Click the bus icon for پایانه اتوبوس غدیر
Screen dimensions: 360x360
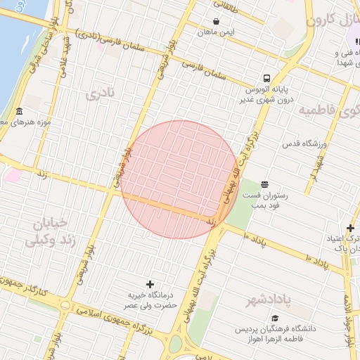(267, 78)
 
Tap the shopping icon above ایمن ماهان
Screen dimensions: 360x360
(216, 21)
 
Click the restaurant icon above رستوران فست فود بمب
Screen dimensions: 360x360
(264, 184)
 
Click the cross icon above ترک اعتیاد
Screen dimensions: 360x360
(350, 227)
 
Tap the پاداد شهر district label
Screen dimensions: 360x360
(269, 301)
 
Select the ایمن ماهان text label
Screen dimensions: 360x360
(216, 32)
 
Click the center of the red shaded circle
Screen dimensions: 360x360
(180, 179)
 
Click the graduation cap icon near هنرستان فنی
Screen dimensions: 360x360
(355, 42)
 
